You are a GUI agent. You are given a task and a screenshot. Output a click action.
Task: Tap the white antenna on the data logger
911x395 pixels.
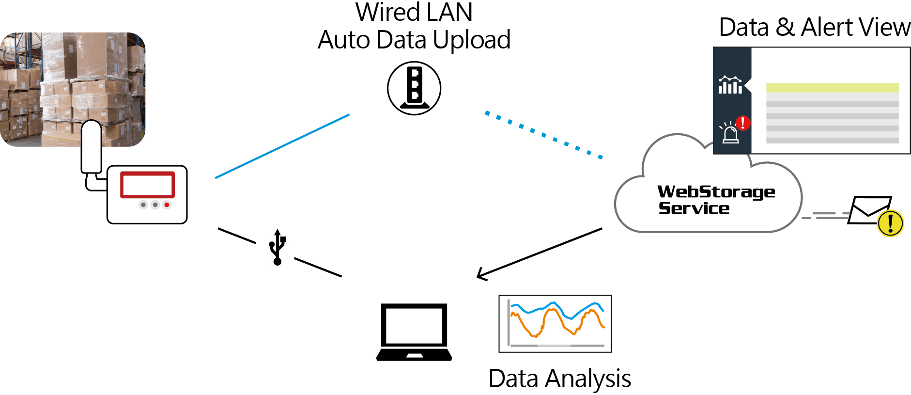(91, 145)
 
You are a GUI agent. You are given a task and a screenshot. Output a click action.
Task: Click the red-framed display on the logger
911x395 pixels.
(147, 185)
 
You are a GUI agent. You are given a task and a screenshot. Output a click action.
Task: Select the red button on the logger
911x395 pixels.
(167, 205)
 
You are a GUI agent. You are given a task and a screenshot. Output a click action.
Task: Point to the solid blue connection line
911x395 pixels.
(282, 146)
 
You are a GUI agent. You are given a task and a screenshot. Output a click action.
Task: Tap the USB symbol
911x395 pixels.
(278, 247)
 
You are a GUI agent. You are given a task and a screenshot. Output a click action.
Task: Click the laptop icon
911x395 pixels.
(414, 332)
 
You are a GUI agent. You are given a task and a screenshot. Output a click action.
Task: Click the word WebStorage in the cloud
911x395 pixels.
(716, 192)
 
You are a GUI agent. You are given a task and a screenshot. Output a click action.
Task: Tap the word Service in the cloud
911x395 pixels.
(694, 208)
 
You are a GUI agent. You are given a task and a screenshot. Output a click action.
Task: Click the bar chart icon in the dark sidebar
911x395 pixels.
(730, 86)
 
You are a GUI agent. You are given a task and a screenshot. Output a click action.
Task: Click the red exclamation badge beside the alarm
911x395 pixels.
(743, 123)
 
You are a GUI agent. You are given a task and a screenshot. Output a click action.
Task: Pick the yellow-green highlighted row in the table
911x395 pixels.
(832, 88)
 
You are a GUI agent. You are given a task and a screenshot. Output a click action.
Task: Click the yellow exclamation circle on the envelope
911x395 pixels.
(890, 223)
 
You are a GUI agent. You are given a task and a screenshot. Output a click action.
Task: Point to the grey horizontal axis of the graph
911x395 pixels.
(557, 346)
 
